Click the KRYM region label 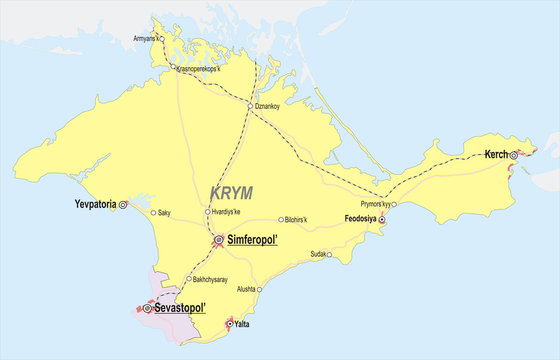click(x=231, y=192)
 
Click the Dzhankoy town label click(x=268, y=106)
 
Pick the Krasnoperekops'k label click(x=199, y=68)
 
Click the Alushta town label click(x=245, y=289)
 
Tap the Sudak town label click(x=318, y=254)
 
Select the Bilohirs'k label click(x=296, y=219)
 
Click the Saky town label click(x=167, y=212)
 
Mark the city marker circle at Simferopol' click(x=219, y=240)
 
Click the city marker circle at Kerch click(x=513, y=155)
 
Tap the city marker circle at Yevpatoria click(x=124, y=204)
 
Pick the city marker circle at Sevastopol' click(x=147, y=309)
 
